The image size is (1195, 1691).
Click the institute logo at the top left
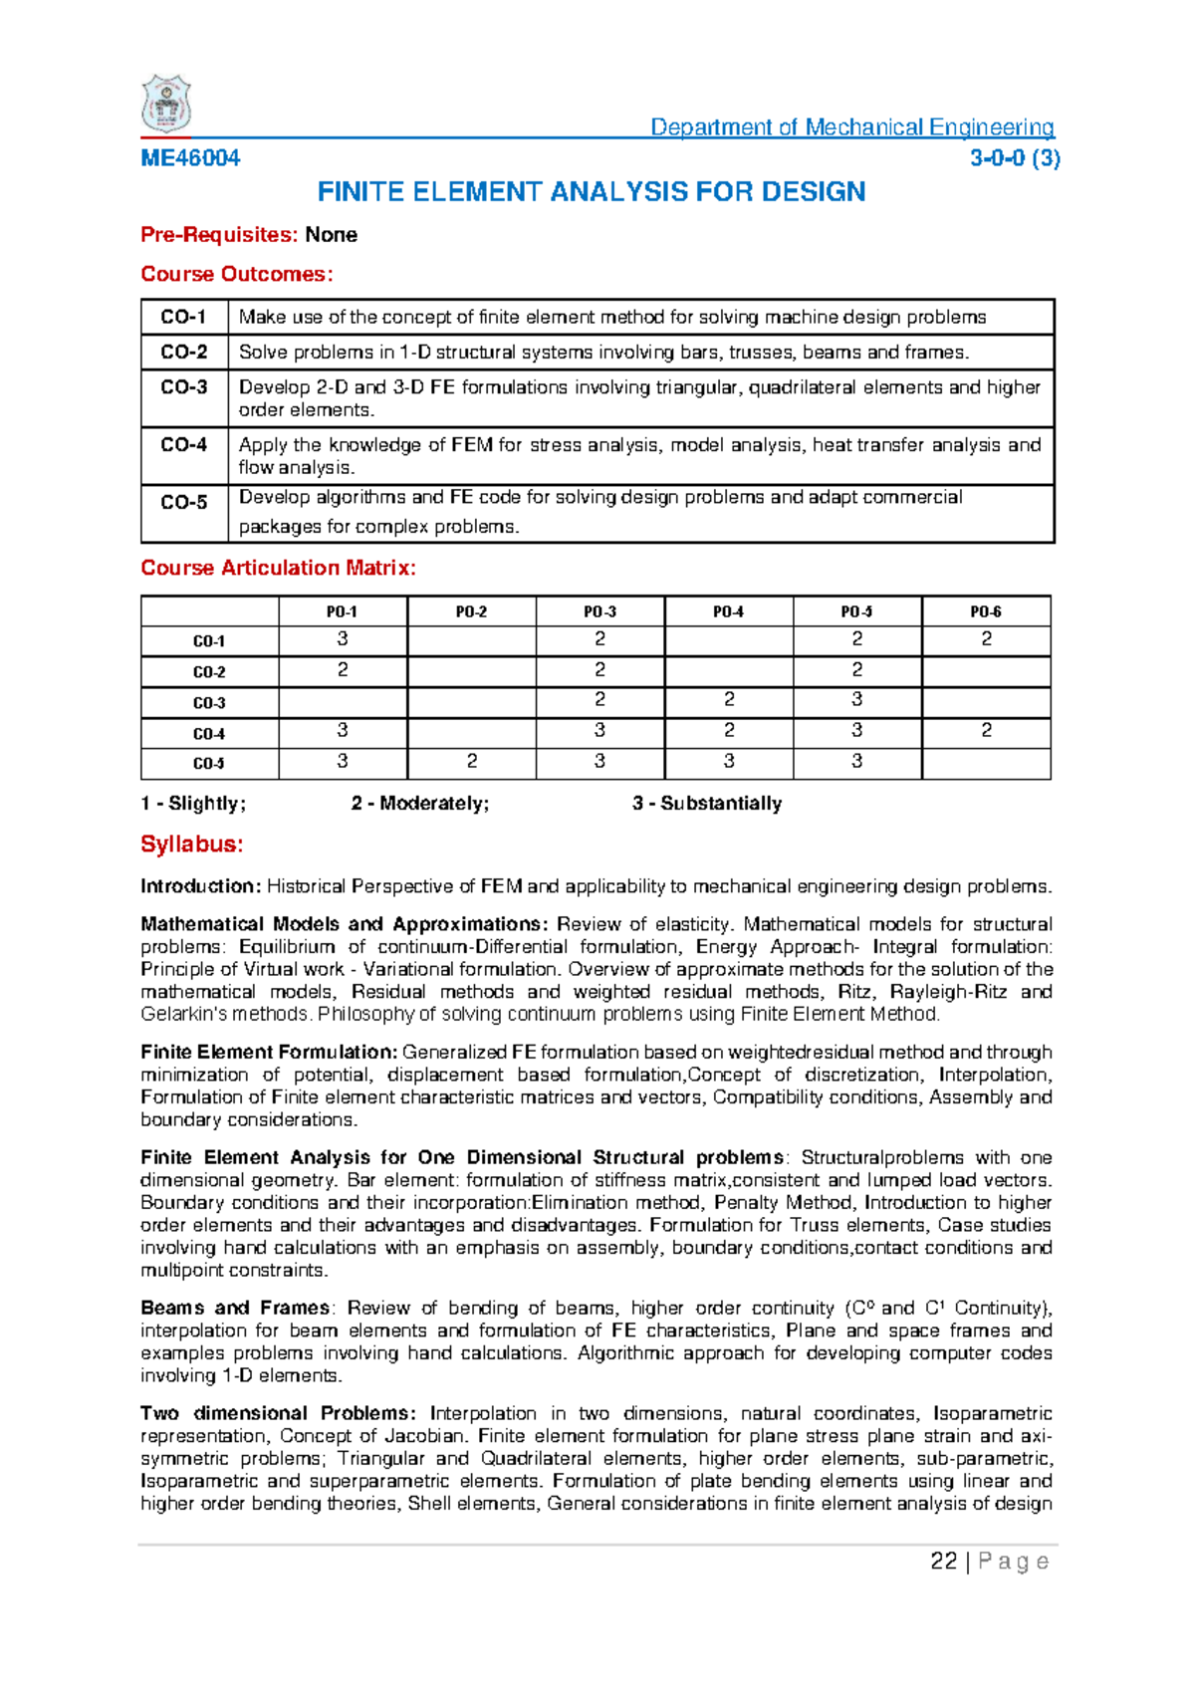pos(166,105)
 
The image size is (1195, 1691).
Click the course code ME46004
pos(190,158)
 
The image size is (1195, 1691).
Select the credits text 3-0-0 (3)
pos(1014,158)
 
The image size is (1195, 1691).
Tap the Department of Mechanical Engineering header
pos(851,127)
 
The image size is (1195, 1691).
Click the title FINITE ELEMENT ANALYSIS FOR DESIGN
pos(591,192)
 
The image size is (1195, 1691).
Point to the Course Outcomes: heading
pos(237,274)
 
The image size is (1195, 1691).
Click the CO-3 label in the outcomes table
pos(184,387)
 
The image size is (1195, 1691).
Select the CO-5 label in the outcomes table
pos(184,503)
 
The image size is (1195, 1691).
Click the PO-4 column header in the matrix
pos(728,612)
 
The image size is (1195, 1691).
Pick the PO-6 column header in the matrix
pos(986,612)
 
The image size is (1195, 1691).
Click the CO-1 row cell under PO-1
pos(343,640)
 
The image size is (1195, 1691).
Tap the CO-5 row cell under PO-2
pos(472,763)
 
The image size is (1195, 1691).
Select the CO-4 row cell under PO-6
pos(986,732)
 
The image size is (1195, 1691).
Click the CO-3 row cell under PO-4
pos(728,701)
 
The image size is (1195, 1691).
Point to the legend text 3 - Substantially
pos(707,804)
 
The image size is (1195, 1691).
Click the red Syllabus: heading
pos(192,845)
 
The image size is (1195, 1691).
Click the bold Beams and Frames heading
pos(235,1309)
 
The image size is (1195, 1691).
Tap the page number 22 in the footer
pos(943,1562)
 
